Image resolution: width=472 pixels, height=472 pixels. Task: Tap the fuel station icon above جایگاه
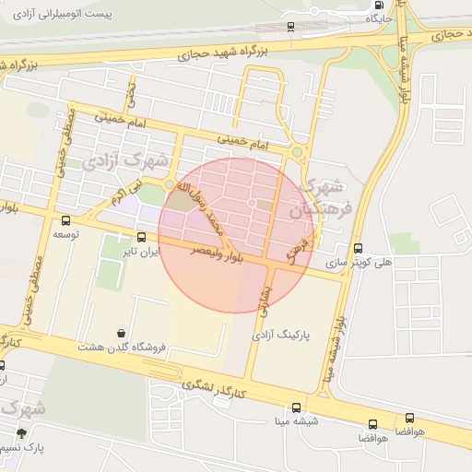(x=380, y=5)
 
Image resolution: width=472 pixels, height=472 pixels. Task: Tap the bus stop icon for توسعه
(x=65, y=220)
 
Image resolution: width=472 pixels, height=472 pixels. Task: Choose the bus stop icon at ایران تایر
(x=140, y=237)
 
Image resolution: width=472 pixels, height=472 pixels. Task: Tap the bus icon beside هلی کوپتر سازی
(x=359, y=248)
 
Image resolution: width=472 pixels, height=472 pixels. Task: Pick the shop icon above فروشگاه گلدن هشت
(x=122, y=333)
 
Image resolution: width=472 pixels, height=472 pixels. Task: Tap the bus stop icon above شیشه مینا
(x=296, y=407)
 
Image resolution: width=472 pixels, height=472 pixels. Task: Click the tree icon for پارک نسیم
(x=21, y=432)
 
